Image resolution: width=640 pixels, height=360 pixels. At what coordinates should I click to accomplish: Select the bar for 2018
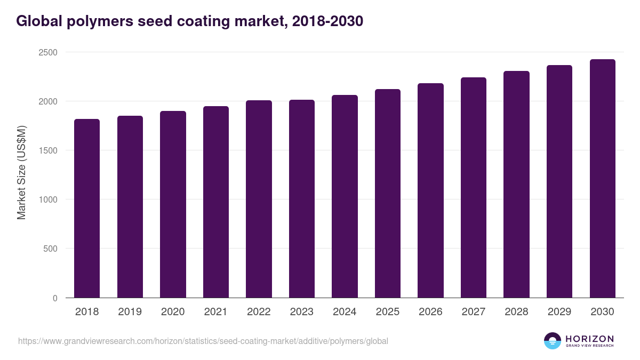(87, 208)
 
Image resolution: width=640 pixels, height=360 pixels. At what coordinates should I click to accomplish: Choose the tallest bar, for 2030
(602, 178)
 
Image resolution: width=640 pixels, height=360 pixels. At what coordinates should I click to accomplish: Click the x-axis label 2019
(130, 312)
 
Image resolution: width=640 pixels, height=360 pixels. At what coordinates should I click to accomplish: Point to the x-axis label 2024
(345, 312)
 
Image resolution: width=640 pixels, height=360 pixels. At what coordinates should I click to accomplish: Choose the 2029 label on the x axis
(559, 312)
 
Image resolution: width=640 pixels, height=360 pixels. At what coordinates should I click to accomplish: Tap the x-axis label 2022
(259, 312)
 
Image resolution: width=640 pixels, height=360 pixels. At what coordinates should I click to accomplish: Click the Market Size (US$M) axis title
(21, 172)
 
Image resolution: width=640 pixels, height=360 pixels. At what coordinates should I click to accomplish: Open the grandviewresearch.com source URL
(203, 341)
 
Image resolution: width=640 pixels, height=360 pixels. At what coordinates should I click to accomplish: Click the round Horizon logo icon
(553, 341)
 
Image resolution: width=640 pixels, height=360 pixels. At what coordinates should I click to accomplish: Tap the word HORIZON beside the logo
(589, 339)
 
